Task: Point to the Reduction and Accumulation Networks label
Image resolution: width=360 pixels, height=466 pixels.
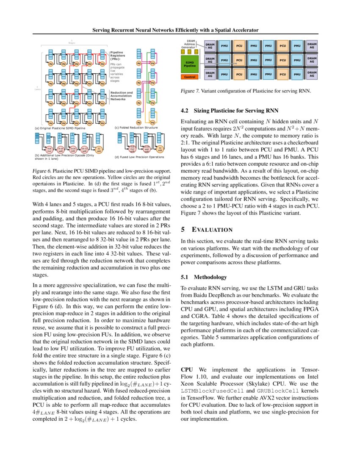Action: pos(121,96)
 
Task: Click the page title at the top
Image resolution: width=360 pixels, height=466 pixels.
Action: pos(175,30)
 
